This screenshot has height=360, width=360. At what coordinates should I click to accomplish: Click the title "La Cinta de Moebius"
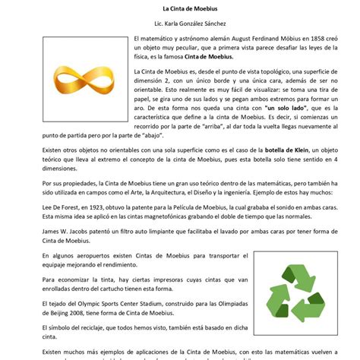[179, 8]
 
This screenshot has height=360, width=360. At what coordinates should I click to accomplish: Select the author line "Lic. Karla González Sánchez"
[179, 24]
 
